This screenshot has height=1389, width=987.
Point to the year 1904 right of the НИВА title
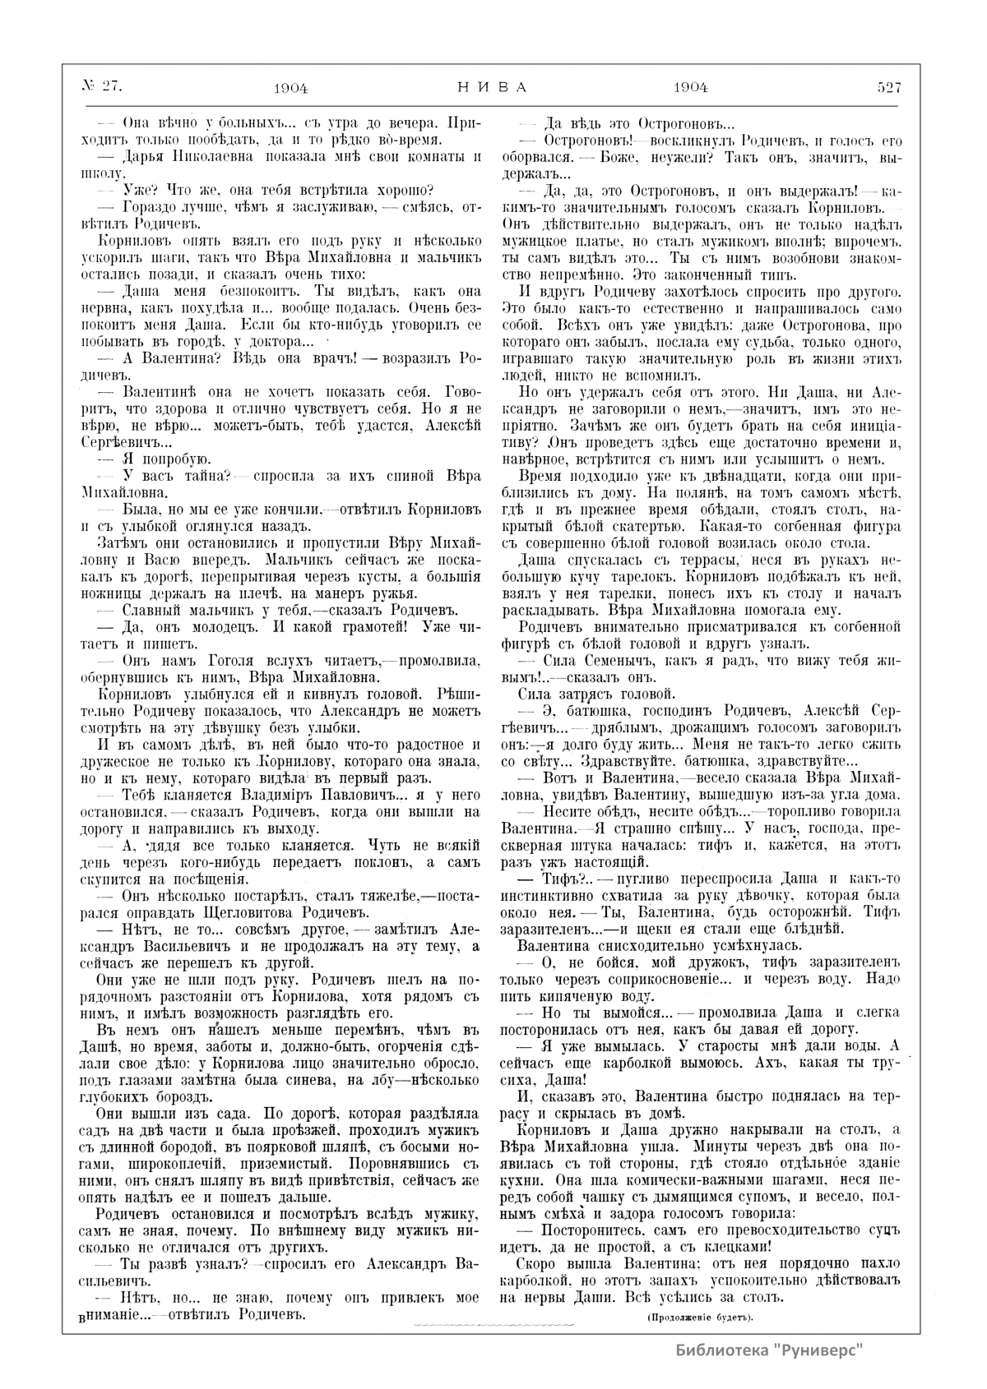pos(690,86)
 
